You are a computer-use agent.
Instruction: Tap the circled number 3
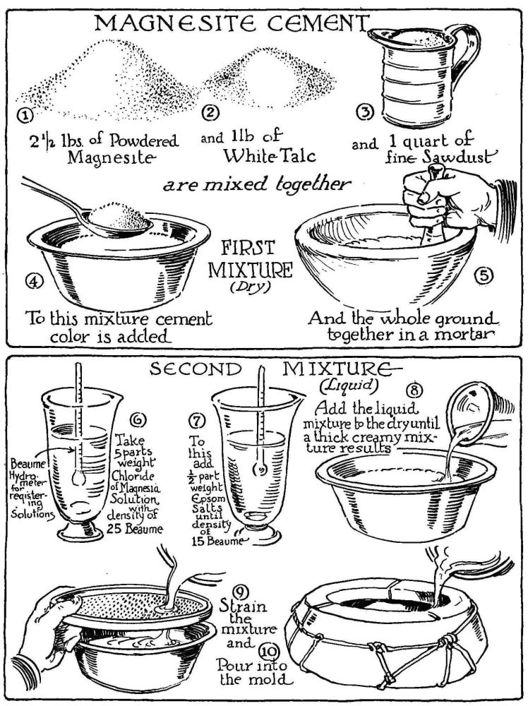coord(365,114)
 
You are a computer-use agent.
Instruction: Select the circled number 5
coord(484,275)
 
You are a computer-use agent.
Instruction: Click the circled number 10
coord(269,652)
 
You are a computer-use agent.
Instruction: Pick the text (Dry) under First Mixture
coord(251,287)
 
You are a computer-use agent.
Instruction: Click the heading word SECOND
coord(196,370)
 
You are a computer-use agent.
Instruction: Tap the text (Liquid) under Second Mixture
coord(347,385)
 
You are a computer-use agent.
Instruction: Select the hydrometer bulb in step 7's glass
coord(260,470)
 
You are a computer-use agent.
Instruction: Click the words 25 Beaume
coord(135,529)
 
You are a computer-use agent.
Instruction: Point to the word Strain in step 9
coord(243,606)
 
